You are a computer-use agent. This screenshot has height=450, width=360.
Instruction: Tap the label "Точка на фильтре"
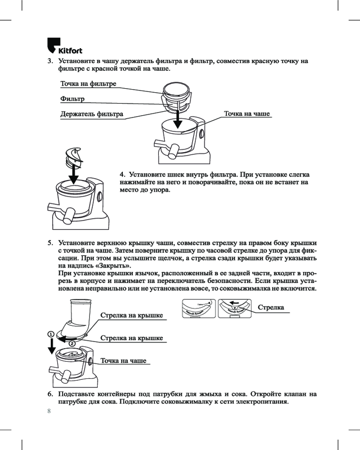pyautogui.click(x=88, y=84)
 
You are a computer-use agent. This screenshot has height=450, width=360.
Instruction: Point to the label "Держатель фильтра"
pyautogui.click(x=92, y=114)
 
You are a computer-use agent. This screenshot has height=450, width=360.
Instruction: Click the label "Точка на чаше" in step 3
pyautogui.click(x=247, y=114)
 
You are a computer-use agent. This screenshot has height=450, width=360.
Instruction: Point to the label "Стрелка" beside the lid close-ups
pyautogui.click(x=271, y=307)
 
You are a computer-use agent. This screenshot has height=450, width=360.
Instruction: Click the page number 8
pyautogui.click(x=49, y=411)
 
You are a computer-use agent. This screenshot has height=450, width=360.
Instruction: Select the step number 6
pyautogui.click(x=50, y=394)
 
